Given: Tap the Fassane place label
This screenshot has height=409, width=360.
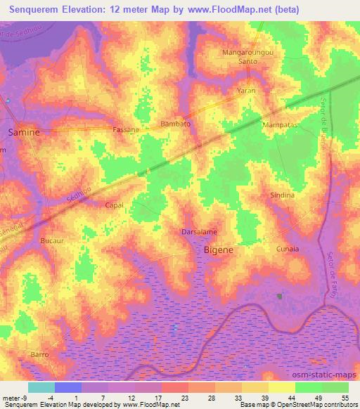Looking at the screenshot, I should [127, 130].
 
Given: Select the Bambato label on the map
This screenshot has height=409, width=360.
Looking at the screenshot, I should [176, 123].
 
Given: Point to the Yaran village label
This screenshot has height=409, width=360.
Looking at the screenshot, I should [245, 91].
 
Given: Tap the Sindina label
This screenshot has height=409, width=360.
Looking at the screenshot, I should [282, 195].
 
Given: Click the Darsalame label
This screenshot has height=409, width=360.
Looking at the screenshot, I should [199, 231].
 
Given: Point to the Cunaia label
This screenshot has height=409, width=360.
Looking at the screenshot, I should [288, 249].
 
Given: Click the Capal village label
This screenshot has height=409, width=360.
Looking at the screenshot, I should [114, 205].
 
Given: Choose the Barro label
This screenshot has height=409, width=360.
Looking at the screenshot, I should [39, 355].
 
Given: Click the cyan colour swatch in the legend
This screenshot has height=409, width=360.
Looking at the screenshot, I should [41, 387].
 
